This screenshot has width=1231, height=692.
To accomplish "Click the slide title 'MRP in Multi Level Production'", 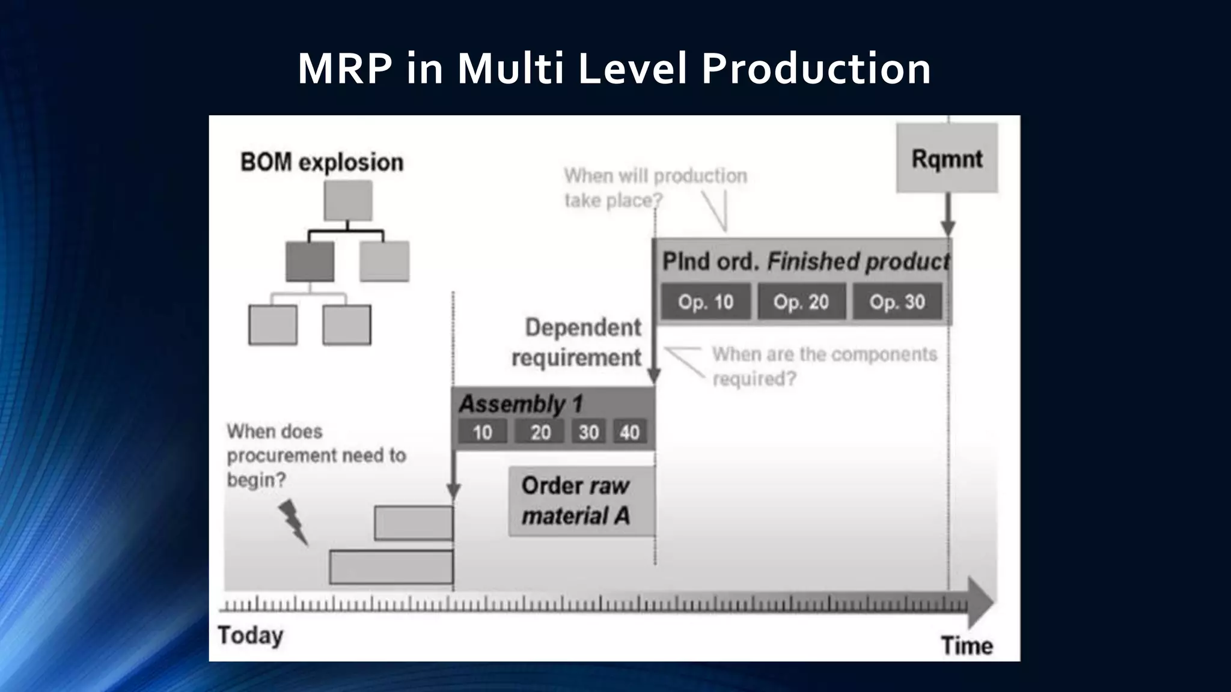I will click(x=614, y=68).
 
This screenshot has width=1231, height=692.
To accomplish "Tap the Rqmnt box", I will click(x=947, y=158).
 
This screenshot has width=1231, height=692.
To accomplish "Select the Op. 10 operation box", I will click(x=706, y=302).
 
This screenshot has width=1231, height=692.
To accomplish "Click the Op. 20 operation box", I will click(x=801, y=302).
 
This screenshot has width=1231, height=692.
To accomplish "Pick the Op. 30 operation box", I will click(x=897, y=302).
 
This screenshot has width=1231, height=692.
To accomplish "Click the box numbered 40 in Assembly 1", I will click(x=629, y=432).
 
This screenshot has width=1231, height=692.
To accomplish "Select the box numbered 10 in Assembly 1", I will click(x=482, y=432).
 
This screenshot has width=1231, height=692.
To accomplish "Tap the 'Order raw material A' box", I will click(x=581, y=501).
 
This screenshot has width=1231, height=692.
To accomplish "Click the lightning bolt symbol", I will click(x=293, y=521).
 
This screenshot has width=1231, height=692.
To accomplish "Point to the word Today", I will click(x=250, y=636).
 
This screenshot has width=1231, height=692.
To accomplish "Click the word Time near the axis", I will click(x=967, y=646).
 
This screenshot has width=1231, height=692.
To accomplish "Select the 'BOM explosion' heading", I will click(x=322, y=162).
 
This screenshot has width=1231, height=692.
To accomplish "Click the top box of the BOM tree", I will click(x=348, y=201).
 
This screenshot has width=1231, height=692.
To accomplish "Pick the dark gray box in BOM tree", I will click(x=310, y=261).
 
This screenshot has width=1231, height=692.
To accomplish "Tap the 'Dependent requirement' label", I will click(x=577, y=342).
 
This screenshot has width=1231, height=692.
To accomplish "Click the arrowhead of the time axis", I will click(x=981, y=602).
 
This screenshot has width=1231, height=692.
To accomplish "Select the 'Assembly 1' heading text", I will click(x=521, y=404).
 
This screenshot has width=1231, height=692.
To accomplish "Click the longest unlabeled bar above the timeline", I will click(x=391, y=567).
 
